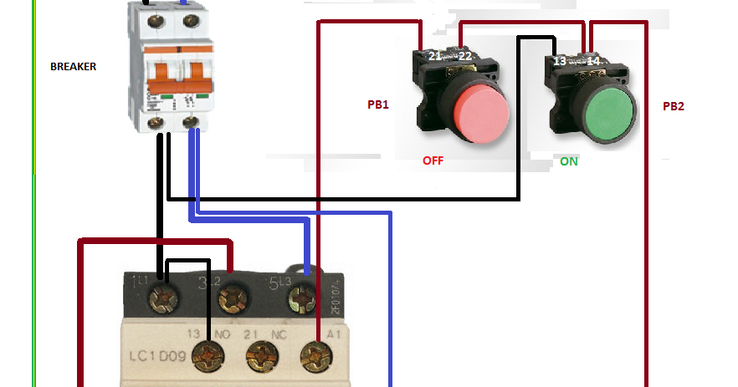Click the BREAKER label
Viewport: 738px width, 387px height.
point(73,66)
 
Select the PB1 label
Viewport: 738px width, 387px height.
point(378,106)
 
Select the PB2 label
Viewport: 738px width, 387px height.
point(674,106)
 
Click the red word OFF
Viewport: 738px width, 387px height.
point(433,161)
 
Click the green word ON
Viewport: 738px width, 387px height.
point(568,161)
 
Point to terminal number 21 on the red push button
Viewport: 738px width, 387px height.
point(434,56)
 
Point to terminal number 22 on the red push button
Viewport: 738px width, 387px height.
point(464,56)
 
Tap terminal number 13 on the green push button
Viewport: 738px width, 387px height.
point(560,61)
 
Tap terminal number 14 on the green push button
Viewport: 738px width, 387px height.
point(592,61)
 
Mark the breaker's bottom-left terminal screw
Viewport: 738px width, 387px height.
point(157,124)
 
